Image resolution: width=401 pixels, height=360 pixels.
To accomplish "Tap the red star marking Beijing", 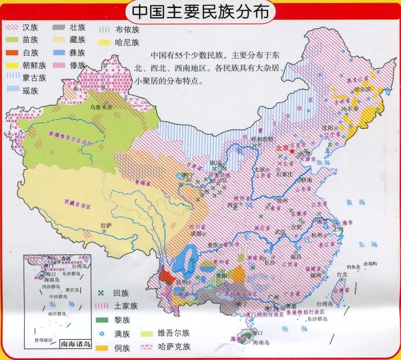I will (292, 151).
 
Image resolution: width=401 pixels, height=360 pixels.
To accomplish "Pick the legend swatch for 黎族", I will (102, 320).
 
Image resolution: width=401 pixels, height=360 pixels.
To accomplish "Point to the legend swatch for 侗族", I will (102, 348).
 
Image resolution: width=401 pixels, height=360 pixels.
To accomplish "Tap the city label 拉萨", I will (106, 225).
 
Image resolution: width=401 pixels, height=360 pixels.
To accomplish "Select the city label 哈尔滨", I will (363, 89).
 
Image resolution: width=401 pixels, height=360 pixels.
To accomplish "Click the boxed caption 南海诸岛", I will (75, 344).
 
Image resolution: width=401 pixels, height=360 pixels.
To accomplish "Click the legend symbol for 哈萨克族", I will (146, 347).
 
